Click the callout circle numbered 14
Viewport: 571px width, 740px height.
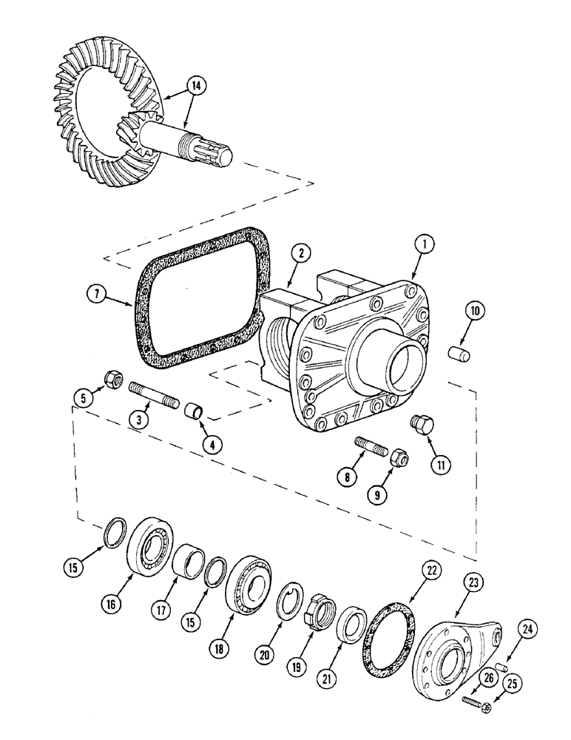click(196, 87)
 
